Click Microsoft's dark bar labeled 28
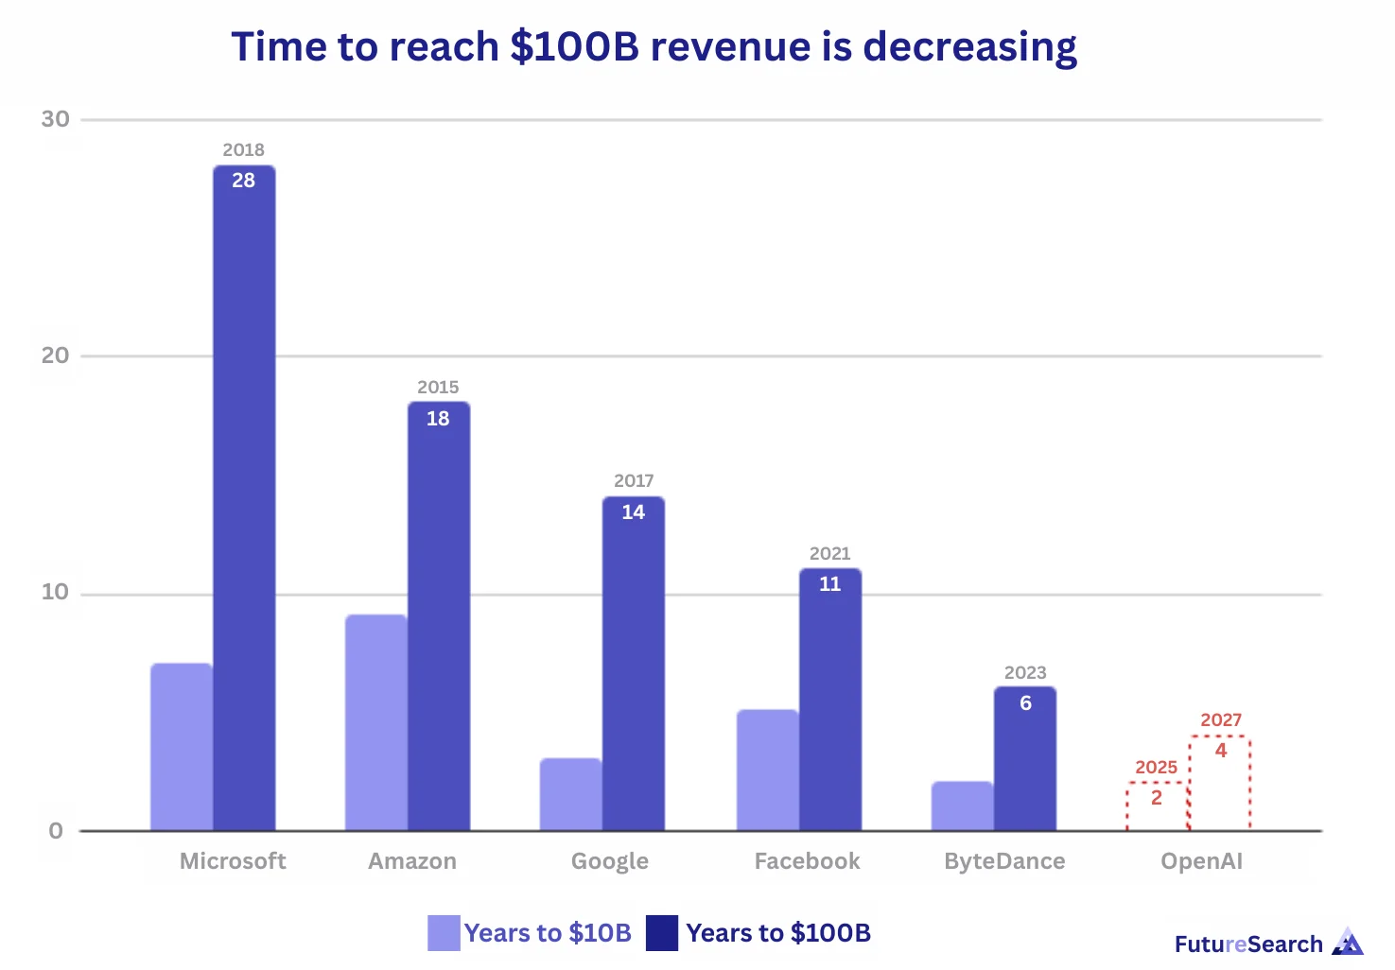(x=244, y=501)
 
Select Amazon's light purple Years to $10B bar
(x=375, y=723)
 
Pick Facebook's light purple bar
(x=767, y=771)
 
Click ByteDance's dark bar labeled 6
(x=1024, y=761)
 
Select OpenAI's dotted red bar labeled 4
(x=1220, y=785)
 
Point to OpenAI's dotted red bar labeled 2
(x=1157, y=808)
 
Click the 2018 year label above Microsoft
(x=243, y=149)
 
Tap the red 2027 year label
(x=1220, y=719)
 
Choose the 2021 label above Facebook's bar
(x=829, y=553)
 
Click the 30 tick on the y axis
(x=55, y=119)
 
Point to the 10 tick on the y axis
(x=55, y=593)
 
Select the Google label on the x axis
(x=609, y=861)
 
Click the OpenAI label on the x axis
(x=1201, y=861)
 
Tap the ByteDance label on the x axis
(x=1004, y=861)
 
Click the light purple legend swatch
(x=444, y=932)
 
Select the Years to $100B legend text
(x=777, y=933)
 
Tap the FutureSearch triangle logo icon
(x=1348, y=942)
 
